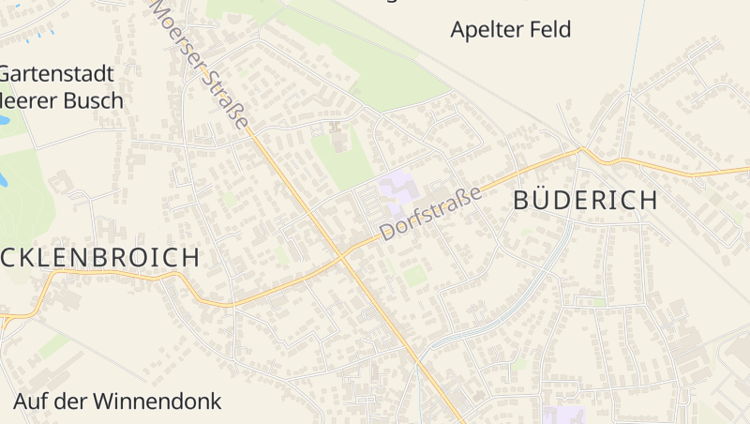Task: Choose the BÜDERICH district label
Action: [584, 199]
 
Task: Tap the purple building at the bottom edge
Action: [562, 416]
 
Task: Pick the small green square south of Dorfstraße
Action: [413, 275]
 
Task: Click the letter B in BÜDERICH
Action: [521, 199]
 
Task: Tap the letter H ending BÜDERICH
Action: [647, 199]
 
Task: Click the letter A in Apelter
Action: [458, 30]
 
